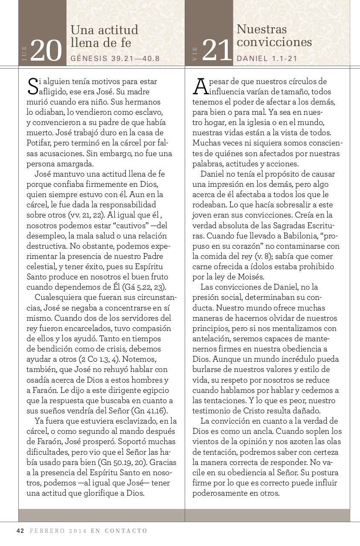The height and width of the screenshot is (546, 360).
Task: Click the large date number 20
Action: point(46,51)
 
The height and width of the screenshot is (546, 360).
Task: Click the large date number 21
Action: point(217,50)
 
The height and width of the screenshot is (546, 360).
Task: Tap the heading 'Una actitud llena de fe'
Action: point(105,36)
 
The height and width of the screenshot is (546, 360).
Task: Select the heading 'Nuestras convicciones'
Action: point(274,36)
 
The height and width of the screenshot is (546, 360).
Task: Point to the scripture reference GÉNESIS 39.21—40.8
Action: point(115,58)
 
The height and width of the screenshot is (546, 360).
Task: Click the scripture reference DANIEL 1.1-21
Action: point(267,58)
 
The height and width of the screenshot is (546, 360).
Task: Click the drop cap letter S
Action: point(32,86)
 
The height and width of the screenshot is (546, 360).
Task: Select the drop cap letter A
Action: point(199,86)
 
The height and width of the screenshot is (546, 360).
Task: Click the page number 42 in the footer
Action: point(20,531)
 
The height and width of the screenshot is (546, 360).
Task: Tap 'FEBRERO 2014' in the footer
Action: point(58,531)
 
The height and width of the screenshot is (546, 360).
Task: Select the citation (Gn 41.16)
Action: point(149,411)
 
